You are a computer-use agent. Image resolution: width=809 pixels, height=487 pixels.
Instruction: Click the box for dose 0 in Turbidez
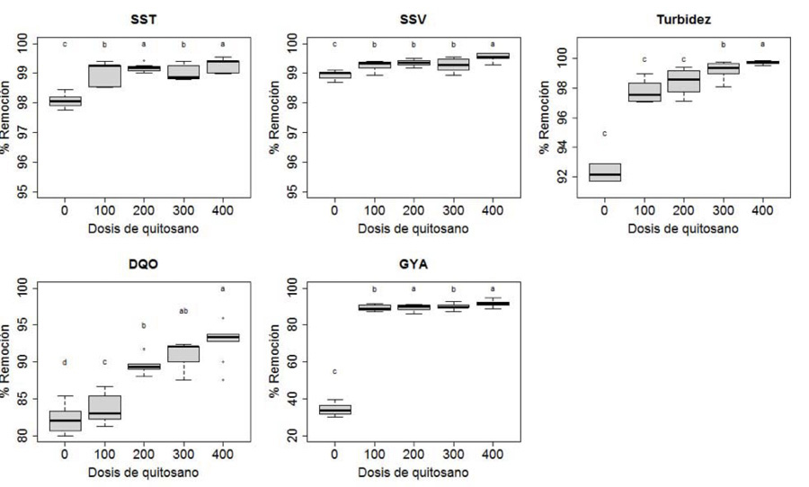pos(604,172)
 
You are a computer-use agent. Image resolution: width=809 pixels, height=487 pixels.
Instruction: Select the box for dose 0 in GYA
pos(334,410)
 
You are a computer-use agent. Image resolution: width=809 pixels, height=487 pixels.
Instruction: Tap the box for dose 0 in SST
pos(65,101)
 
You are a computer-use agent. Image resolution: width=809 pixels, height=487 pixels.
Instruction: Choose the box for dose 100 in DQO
pos(104,407)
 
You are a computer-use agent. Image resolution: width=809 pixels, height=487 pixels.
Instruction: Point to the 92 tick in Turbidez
pos(546,178)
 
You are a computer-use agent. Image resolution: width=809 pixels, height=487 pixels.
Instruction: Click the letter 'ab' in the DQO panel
pos(183,312)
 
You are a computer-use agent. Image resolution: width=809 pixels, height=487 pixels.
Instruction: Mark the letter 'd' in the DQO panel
pos(65,362)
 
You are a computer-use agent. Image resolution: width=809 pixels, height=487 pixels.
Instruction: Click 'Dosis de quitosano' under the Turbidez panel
pos(683,228)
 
